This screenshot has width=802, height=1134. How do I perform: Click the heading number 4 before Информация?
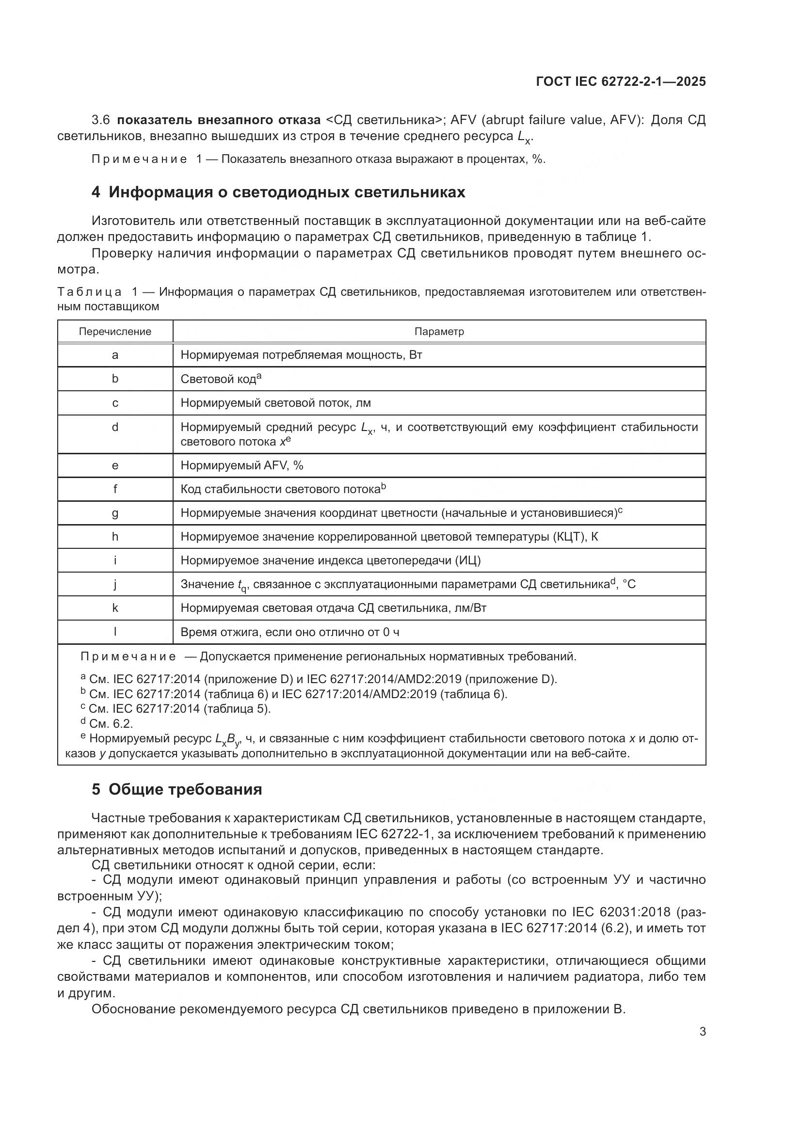[96, 192]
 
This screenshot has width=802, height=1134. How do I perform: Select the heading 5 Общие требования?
[176, 790]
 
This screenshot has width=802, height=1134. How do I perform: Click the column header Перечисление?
[115, 332]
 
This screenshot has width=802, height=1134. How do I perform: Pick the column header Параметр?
[438, 332]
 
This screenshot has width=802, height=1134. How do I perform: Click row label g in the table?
[115, 512]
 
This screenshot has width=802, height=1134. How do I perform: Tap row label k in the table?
[115, 608]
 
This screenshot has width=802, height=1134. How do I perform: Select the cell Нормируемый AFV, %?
[242, 465]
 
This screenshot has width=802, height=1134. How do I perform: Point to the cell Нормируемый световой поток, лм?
[275, 403]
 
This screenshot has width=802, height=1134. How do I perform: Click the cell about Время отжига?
[290, 632]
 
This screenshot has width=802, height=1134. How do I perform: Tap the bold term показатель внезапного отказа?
[219, 120]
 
